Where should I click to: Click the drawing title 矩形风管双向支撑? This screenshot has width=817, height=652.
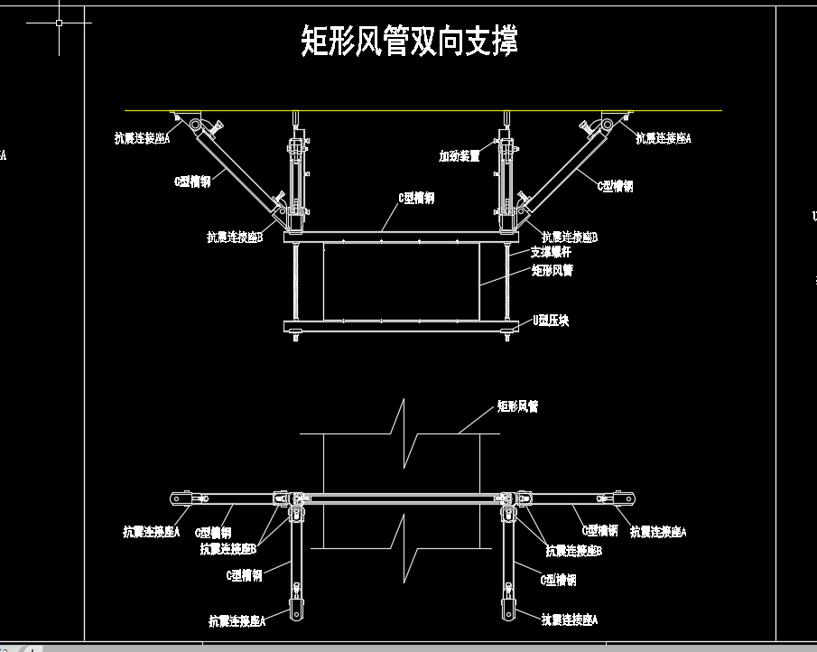(x=409, y=42)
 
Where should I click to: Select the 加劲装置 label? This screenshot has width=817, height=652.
(x=460, y=156)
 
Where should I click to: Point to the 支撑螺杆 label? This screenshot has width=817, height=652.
(x=550, y=252)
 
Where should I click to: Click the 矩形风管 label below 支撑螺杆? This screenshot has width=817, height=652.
(x=552, y=269)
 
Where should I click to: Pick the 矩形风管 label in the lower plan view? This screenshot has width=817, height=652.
(x=517, y=406)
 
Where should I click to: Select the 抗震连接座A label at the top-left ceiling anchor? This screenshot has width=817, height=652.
(x=142, y=138)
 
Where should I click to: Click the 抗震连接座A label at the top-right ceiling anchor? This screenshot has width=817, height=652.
(x=663, y=138)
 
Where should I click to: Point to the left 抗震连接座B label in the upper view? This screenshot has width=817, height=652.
(x=234, y=238)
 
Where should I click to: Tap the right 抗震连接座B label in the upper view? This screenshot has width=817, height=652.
(x=570, y=238)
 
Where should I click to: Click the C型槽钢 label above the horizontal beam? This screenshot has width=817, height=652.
(x=416, y=198)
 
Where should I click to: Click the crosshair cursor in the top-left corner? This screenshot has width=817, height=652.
(x=59, y=23)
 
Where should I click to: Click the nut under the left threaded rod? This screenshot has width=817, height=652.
(x=295, y=339)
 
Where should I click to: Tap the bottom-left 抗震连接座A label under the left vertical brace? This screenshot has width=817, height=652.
(x=237, y=621)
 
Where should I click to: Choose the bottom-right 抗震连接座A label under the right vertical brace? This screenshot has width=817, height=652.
(x=570, y=619)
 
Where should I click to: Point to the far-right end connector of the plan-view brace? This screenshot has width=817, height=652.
(x=626, y=498)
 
